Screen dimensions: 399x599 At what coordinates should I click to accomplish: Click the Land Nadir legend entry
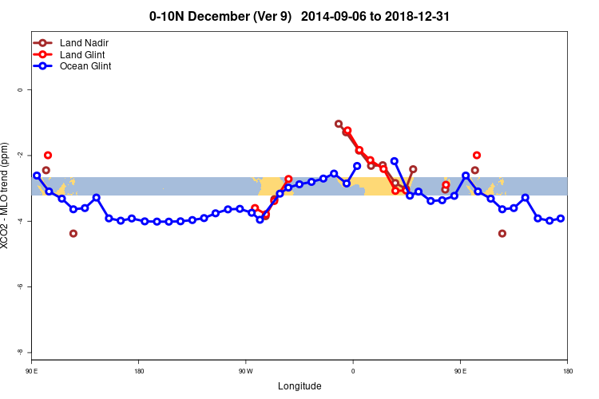89,42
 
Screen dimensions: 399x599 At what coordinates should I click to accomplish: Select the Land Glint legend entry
88,54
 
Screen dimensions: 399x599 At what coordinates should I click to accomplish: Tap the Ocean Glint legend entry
90,66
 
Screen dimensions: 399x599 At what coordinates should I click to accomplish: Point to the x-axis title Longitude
299,386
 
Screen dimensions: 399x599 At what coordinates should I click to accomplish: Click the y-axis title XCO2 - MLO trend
7,196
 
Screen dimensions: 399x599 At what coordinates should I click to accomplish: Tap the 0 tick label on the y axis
20,89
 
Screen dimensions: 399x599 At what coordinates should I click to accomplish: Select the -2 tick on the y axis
20,155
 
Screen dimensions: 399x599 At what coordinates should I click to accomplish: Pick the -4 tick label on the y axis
20,220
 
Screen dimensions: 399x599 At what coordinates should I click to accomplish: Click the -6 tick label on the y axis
20,286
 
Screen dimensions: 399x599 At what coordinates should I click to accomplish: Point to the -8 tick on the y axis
20,352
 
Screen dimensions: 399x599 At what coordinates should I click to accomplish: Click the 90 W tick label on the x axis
245,371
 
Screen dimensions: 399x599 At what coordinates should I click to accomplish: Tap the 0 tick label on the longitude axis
353,371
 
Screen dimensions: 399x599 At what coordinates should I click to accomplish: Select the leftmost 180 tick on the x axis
139,371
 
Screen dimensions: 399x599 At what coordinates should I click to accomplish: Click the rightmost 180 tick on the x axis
567,371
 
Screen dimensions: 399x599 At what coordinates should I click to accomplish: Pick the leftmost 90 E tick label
32,371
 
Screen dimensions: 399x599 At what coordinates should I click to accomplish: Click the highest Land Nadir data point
339,124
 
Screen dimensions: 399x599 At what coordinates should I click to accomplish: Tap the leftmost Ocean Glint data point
37,175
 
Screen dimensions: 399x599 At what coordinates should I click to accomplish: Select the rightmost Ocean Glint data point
561,219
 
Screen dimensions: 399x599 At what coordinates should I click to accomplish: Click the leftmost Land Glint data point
48,155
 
